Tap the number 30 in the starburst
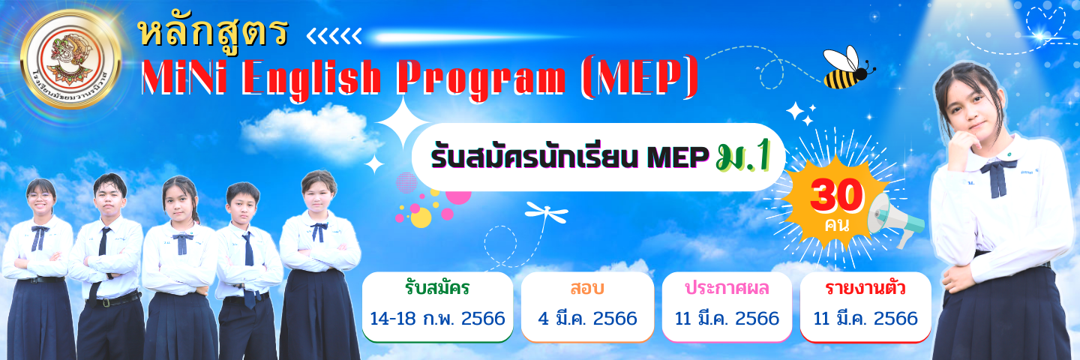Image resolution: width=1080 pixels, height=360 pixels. coord(836,198)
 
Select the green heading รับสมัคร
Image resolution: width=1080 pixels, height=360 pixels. coord(436,288)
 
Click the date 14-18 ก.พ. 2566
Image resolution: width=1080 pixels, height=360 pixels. coord(437,319)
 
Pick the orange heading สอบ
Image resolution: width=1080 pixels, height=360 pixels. coord(587,288)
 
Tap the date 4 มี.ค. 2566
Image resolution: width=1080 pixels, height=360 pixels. coord(587,319)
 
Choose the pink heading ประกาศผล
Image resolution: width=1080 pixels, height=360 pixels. coord(727,288)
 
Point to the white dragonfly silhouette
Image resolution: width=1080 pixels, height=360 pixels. coord(545,212)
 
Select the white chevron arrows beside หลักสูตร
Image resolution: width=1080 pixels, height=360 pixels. coord(334,34)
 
